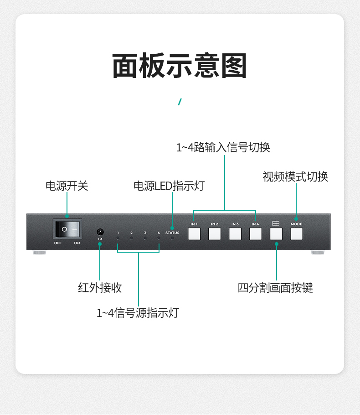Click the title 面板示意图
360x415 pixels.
point(180,66)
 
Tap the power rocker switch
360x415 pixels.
point(67,229)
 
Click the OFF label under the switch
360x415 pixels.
point(58,243)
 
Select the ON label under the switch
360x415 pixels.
point(77,243)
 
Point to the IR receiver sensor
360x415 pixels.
point(100,232)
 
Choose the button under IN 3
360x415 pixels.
point(235,234)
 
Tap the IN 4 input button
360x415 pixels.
point(256,234)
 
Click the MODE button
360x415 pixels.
point(297,234)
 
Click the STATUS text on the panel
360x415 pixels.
point(172,233)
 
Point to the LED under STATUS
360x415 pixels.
point(172,238)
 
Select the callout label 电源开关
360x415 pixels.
point(67,186)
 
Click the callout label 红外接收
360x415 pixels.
point(100,288)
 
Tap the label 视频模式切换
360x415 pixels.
point(295,177)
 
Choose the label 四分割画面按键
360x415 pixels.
point(275,288)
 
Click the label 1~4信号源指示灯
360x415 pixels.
point(138,313)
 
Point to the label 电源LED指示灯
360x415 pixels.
point(169,186)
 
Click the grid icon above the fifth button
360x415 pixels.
point(276,223)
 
